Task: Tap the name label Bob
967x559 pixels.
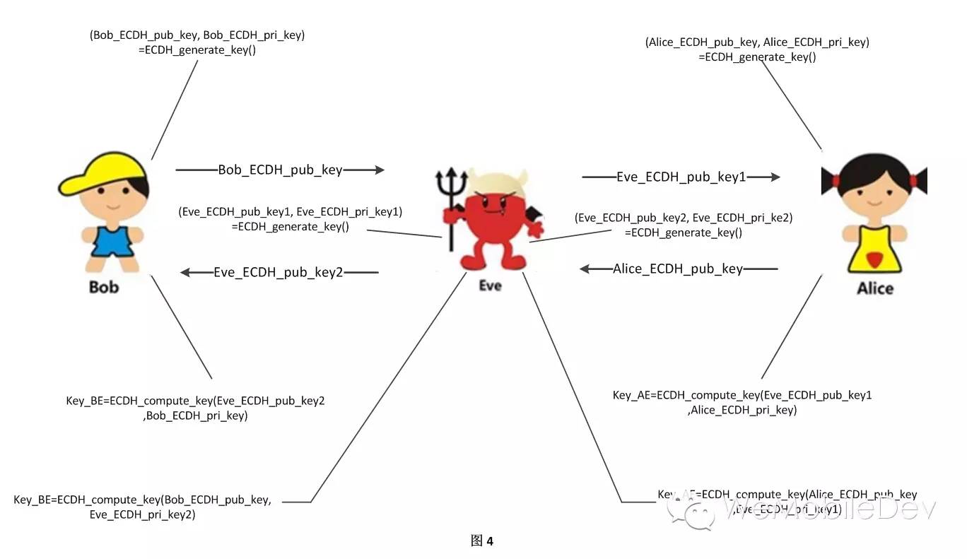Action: [104, 287]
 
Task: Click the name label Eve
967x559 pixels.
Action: [490, 286]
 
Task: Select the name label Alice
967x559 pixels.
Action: [875, 288]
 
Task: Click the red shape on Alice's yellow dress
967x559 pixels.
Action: [874, 260]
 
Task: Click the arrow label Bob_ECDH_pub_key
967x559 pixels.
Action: [280, 170]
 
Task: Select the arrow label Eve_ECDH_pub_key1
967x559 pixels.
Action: [681, 177]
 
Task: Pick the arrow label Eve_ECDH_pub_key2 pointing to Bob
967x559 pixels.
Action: [278, 272]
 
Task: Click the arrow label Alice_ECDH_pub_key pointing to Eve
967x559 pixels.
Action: [678, 269]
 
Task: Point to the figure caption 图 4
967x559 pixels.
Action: [482, 541]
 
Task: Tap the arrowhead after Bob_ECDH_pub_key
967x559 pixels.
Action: [379, 170]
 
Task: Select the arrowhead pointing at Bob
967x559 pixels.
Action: [186, 272]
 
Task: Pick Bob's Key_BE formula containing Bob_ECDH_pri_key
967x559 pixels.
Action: [195, 408]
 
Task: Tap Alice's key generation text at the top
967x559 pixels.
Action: [757, 49]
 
